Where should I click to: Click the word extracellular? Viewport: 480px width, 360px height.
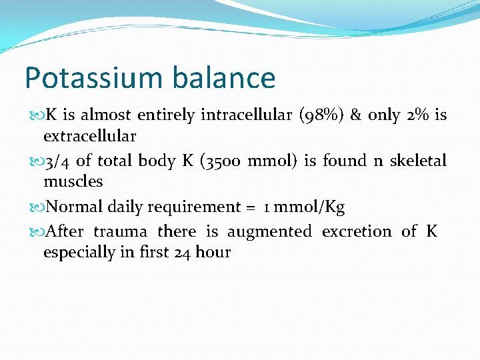pyautogui.click(x=89, y=136)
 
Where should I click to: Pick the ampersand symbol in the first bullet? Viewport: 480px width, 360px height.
pyautogui.click(x=355, y=115)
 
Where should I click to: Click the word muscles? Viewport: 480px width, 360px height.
pyautogui.click(x=73, y=181)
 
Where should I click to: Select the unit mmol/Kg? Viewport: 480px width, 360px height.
pyautogui.click(x=310, y=207)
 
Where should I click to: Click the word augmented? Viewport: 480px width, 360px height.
pyautogui.click(x=269, y=232)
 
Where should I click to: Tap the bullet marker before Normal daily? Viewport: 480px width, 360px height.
pyautogui.click(x=35, y=207)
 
